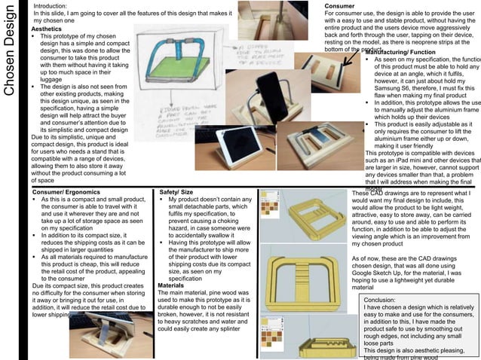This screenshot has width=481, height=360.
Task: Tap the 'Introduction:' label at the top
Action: [55, 5]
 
